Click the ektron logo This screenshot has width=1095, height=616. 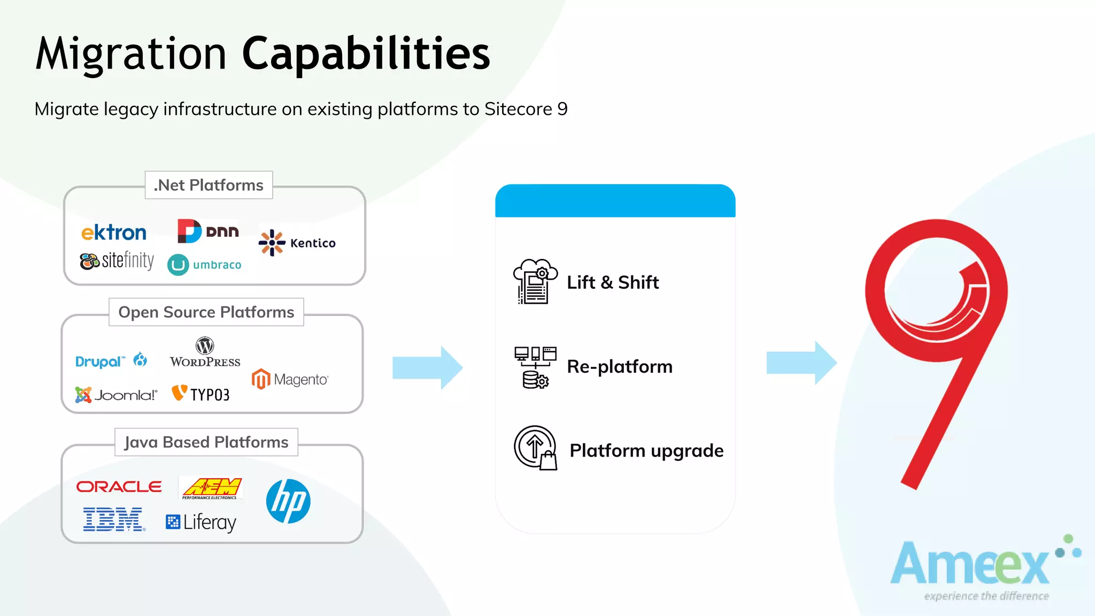(113, 233)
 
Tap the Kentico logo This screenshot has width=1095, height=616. (297, 243)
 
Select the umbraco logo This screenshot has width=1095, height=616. (205, 265)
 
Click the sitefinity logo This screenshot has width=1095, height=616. (117, 261)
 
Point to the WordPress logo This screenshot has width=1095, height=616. (205, 352)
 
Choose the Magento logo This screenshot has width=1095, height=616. (290, 379)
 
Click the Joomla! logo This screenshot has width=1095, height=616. (116, 395)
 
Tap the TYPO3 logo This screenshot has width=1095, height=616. (201, 394)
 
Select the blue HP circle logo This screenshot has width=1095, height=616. (288, 501)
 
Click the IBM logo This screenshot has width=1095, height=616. (114, 519)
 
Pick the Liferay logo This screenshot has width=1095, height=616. (201, 522)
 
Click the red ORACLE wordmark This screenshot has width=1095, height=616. (119, 487)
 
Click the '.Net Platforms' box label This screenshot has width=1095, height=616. (209, 185)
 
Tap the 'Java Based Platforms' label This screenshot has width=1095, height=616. (206, 442)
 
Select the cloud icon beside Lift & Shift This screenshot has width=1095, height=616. (535, 281)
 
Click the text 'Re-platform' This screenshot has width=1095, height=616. (619, 367)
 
